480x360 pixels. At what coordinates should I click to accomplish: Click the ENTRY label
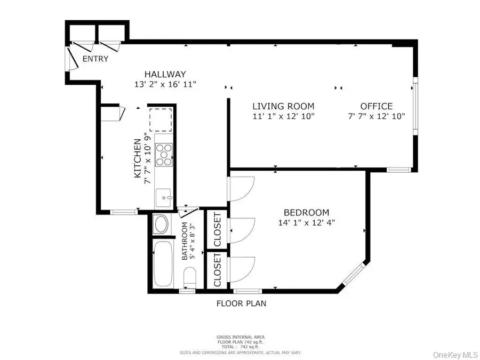tap(95, 59)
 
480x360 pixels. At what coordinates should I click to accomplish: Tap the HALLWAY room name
tap(165, 75)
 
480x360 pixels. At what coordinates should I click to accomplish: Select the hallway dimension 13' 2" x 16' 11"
tap(165, 84)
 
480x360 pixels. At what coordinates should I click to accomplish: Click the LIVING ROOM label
tap(283, 107)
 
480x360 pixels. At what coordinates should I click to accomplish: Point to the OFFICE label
tap(376, 107)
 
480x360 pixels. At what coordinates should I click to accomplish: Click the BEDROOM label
tap(306, 212)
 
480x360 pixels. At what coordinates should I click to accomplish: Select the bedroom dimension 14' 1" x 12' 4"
tap(306, 222)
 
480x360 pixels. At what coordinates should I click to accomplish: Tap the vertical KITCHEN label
tap(137, 159)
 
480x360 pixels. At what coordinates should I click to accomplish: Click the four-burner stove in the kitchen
tap(164, 155)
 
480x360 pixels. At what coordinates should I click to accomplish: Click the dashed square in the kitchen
tap(161, 119)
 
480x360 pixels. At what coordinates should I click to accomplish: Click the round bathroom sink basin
tap(160, 225)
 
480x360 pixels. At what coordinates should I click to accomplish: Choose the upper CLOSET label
tap(218, 229)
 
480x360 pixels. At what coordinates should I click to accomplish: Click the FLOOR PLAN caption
tap(241, 304)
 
